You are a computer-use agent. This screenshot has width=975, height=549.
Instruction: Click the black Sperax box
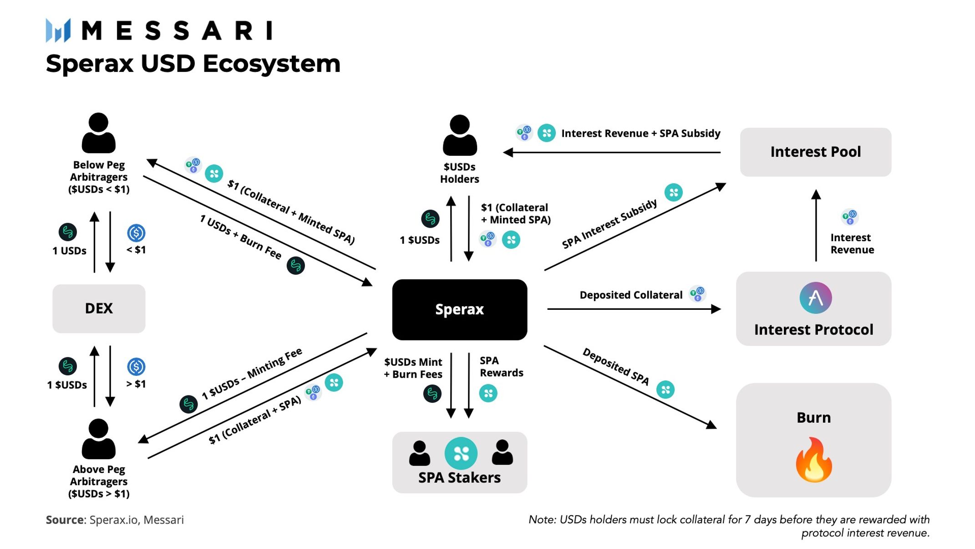coord(459,309)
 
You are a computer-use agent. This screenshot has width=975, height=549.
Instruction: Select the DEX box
coord(99,308)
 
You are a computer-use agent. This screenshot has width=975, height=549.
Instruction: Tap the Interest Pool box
coord(815,152)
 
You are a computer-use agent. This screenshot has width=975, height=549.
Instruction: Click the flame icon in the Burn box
coord(814,459)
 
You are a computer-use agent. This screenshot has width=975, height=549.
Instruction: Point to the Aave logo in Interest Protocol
coord(815,298)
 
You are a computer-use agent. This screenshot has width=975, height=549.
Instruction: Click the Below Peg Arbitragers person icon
coord(98,133)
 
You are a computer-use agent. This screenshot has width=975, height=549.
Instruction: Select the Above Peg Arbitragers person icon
coord(98,438)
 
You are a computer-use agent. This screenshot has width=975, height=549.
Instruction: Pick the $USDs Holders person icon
coord(459,135)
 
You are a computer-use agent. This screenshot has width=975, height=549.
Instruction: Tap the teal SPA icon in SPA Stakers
coord(461,453)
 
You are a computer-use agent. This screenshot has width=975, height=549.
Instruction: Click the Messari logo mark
coord(58,31)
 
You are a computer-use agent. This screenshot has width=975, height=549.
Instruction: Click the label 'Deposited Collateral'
coord(631,295)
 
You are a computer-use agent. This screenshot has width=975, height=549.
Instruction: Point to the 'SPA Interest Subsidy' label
coord(609,223)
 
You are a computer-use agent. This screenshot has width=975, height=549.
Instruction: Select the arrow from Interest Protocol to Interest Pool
coord(816,225)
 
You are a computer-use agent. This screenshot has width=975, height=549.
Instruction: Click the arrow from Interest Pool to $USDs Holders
coord(612,152)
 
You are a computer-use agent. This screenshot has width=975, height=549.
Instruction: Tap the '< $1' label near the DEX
coord(136,250)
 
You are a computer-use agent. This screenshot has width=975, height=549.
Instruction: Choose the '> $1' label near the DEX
coord(136,384)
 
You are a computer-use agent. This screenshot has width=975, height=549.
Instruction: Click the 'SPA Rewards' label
coord(501,367)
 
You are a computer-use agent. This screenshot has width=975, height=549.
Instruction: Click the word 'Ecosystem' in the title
coord(271,64)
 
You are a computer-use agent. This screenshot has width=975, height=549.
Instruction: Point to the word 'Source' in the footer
coord(65,520)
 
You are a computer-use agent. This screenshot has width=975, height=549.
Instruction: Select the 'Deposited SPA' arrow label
coord(616,366)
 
